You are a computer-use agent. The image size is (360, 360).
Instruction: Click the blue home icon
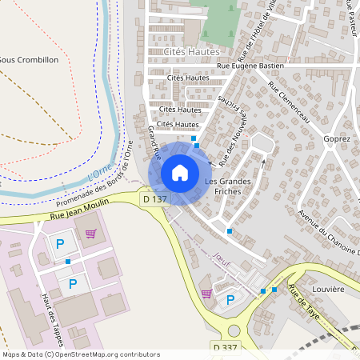click(180, 172)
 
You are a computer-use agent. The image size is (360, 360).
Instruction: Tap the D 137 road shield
click(154, 198)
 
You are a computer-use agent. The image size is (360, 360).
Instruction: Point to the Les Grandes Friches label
click(228, 186)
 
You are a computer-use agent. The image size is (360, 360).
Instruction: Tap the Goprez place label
click(338, 138)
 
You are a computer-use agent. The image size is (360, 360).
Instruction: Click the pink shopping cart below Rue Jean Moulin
click(90, 234)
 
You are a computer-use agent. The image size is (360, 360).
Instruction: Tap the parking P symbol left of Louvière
click(231, 300)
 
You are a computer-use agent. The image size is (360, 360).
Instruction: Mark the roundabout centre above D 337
click(233, 330)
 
